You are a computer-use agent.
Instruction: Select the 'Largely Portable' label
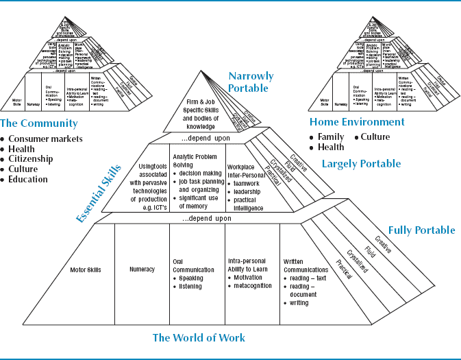coord(361,163)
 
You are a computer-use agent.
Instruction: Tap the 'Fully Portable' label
coord(421,230)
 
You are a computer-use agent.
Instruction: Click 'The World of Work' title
coord(199,337)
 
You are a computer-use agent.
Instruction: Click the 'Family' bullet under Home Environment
coord(331,137)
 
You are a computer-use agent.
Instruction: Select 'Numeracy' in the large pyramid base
coord(142,269)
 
